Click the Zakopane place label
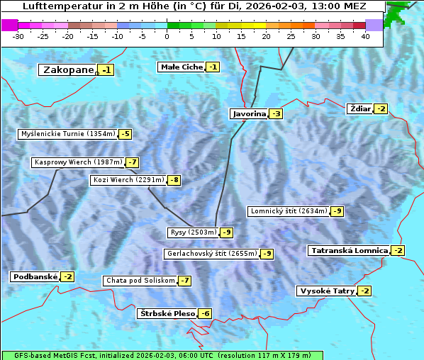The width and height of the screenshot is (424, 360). [68, 69]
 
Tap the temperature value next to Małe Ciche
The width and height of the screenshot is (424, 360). [213, 67]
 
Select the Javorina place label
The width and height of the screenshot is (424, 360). [249, 113]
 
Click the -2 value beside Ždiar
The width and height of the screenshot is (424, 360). [381, 108]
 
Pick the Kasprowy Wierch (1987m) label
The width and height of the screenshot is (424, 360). [78, 162]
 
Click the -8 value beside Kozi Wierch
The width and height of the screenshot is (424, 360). [174, 180]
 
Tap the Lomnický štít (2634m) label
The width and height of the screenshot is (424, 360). [289, 210]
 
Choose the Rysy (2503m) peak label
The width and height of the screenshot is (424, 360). [193, 232]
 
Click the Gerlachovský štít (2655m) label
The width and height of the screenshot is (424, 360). [211, 253]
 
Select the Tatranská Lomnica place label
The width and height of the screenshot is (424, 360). [349, 250]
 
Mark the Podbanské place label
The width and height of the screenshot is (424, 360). [34, 276]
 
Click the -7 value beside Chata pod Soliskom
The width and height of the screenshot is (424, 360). [184, 281]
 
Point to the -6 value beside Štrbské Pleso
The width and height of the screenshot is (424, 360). [205, 313]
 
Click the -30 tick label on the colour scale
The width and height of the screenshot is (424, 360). [19, 35]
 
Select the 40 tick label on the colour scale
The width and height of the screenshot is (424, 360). [365, 35]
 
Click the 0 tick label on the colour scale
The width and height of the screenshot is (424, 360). [167, 35]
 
